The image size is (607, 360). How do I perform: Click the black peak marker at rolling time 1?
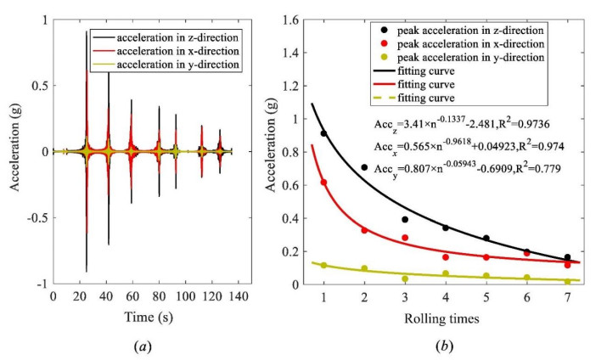click(323, 133)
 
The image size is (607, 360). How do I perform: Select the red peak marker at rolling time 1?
click(323, 182)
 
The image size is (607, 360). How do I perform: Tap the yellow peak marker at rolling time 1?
click(323, 266)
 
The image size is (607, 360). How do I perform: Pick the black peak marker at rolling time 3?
click(405, 220)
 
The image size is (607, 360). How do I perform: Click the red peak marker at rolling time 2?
click(364, 230)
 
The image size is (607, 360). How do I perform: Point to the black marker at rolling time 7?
click(567, 257)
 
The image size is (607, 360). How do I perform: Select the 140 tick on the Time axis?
click(239, 296)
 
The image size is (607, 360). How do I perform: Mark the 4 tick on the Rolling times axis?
click(446, 296)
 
